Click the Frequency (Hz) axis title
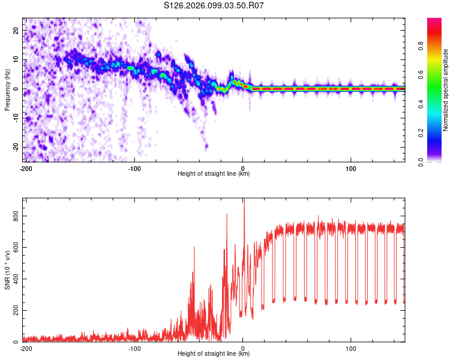coord(7,89)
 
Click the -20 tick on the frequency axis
coord(15,147)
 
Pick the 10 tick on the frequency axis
coord(16,59)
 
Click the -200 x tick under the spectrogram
coord(26,168)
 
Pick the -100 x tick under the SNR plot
coord(134,348)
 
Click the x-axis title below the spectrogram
coord(214,174)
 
